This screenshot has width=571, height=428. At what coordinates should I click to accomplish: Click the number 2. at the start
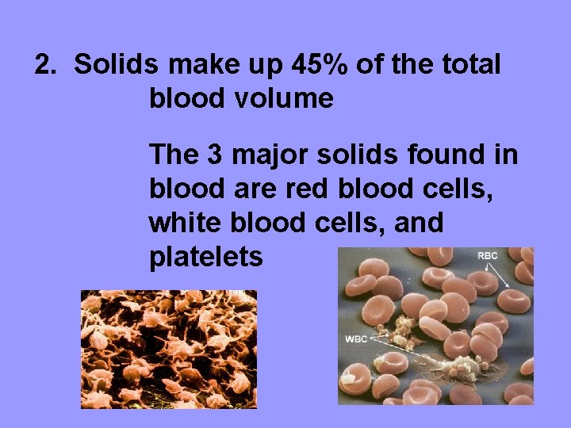pyautogui.click(x=47, y=65)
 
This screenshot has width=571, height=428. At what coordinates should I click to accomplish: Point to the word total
pyautogui.click(x=469, y=65)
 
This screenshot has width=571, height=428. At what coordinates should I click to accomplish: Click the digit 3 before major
pyautogui.click(x=215, y=154)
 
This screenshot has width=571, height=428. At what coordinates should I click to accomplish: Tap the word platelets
pyautogui.click(x=205, y=258)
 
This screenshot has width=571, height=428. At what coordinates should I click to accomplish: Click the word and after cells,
pyautogui.click(x=416, y=223)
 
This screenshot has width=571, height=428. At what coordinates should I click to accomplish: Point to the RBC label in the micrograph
pyautogui.click(x=487, y=257)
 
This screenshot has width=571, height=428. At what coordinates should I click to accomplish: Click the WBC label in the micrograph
pyautogui.click(x=357, y=339)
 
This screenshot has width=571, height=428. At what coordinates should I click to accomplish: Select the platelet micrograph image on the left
pyautogui.click(x=169, y=349)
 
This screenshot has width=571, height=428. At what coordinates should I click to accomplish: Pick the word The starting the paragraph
pyautogui.click(x=174, y=154)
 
